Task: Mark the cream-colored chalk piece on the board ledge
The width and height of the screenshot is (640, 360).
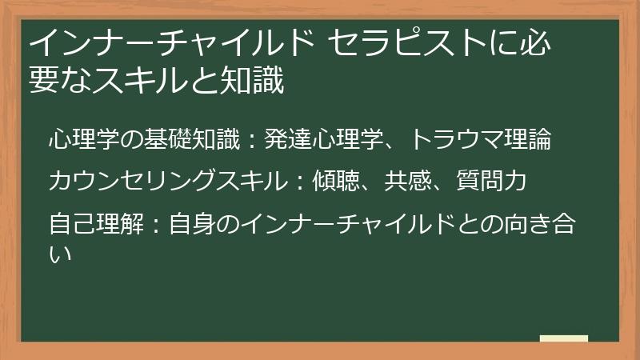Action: (563, 338)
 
